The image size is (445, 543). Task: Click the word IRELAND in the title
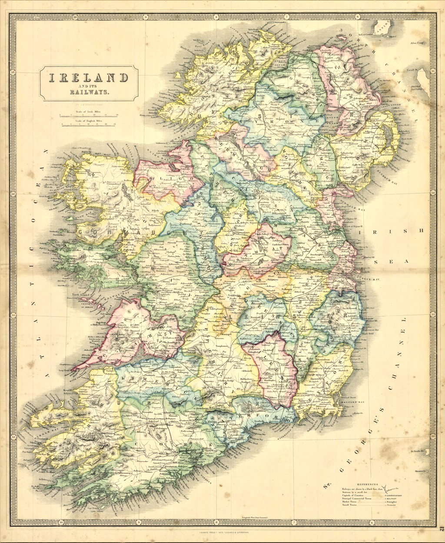pos(88,78)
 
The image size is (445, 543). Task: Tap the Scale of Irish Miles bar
pos(90,116)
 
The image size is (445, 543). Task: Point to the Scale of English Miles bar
pos(90,125)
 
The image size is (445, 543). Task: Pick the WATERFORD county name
pos(248,417)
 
